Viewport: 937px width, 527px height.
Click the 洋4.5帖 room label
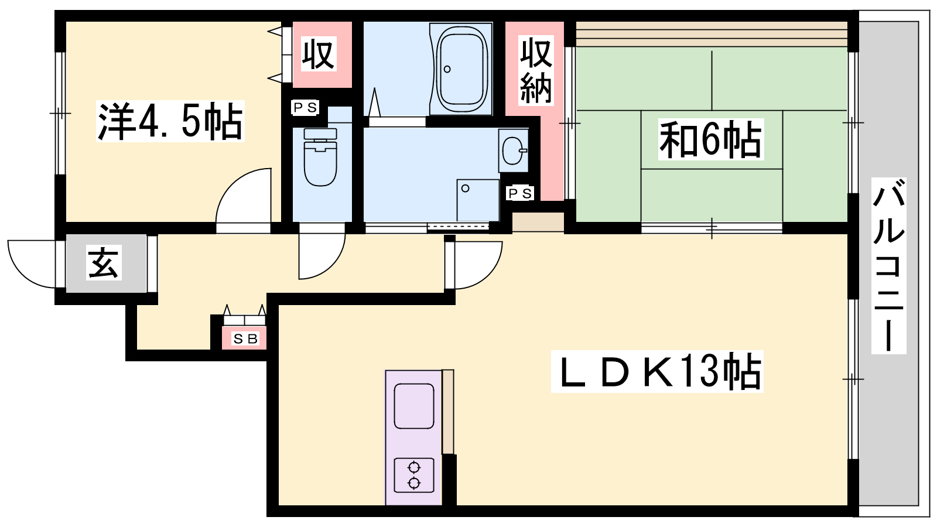170,121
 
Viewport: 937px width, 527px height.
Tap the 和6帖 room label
711,139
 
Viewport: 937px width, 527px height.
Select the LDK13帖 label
656,371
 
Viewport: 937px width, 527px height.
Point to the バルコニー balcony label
888,266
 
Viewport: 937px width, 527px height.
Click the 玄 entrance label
104,262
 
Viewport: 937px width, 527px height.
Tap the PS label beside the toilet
305,108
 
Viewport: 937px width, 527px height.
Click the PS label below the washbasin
520,193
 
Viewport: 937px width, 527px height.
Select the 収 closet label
319,54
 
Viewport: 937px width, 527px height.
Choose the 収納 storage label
536,70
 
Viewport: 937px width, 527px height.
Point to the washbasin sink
513,150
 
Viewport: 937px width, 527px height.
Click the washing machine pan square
478,200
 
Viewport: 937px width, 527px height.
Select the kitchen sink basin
413,406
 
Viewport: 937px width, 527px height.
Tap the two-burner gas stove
413,475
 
